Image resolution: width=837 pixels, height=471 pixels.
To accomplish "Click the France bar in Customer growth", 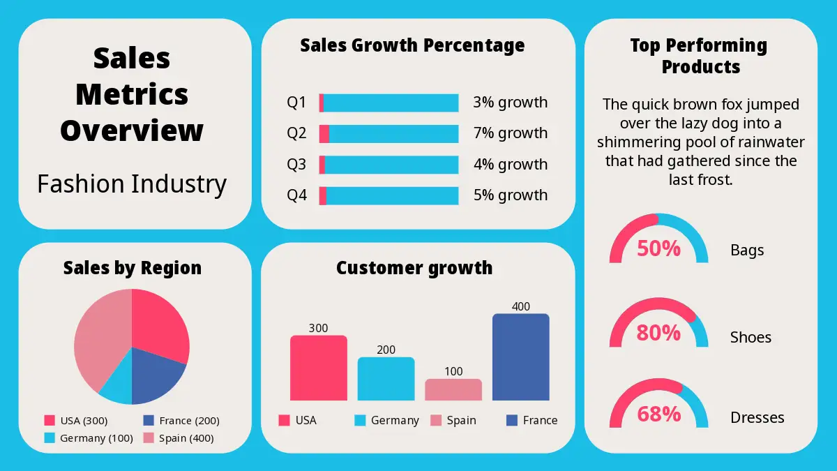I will [x=520, y=357].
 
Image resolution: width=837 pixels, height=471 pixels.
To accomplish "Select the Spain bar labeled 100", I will [x=453, y=389].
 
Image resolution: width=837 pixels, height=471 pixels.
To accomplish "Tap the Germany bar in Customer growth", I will [x=386, y=379].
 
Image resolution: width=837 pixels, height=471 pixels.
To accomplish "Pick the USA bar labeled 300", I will [x=318, y=368].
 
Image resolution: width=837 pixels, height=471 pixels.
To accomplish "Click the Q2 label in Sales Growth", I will [x=296, y=133].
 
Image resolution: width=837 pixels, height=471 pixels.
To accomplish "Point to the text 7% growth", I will [x=510, y=133].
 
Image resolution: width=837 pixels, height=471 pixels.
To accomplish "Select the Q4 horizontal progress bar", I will [x=389, y=195].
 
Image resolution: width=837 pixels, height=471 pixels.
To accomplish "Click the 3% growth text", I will [x=510, y=103].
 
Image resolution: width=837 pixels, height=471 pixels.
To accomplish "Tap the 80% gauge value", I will [x=658, y=334].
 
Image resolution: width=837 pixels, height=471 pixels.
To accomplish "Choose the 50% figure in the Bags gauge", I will [x=658, y=248].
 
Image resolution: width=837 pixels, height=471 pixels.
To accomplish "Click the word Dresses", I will [x=757, y=417].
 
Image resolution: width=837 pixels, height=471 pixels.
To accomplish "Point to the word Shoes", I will [x=751, y=337].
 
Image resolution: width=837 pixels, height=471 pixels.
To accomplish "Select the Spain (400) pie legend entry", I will [x=179, y=438].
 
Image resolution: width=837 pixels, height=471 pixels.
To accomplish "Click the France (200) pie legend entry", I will [x=181, y=421].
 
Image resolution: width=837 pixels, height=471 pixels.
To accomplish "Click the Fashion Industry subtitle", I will [x=132, y=184].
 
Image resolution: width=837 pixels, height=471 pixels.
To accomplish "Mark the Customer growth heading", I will [x=414, y=268].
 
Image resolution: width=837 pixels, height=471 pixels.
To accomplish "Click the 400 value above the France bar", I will [x=520, y=306].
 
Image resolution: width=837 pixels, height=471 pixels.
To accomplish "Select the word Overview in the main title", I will [x=132, y=130].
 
